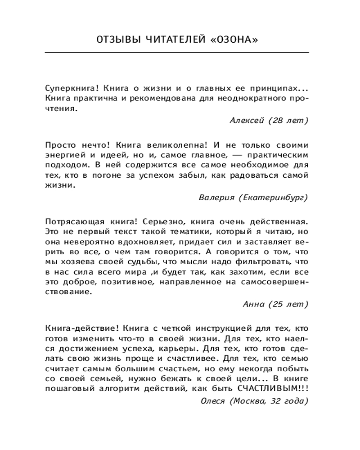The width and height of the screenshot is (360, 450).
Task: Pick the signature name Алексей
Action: tap(245, 120)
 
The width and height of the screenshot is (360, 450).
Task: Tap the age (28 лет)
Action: tap(288, 120)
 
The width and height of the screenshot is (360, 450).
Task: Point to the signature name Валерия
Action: tap(216, 197)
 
